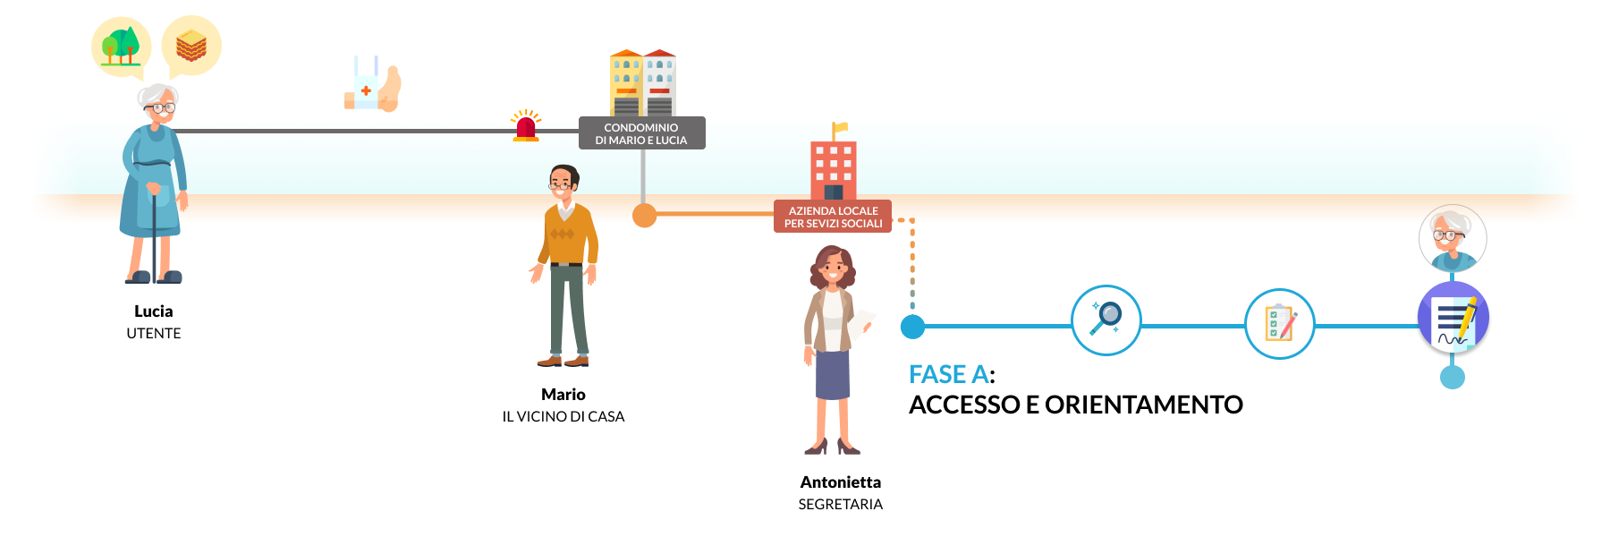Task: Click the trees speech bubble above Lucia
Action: (x=121, y=46)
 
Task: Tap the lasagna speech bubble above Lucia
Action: (x=191, y=45)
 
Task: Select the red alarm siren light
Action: (x=526, y=127)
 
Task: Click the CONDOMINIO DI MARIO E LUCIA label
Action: (x=641, y=133)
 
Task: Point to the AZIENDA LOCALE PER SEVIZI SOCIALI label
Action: (x=833, y=217)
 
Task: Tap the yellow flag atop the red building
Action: (x=840, y=128)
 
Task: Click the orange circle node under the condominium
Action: (x=644, y=215)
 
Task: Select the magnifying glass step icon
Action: (x=1106, y=320)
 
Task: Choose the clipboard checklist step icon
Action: (x=1280, y=323)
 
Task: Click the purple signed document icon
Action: (x=1453, y=319)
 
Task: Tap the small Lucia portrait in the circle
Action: (x=1453, y=238)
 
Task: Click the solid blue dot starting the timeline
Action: (x=912, y=327)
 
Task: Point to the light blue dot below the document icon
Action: (x=1452, y=377)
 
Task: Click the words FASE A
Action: (x=949, y=374)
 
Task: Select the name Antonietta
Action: (x=840, y=482)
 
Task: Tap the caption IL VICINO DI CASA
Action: (x=563, y=416)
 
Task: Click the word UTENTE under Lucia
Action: (x=154, y=333)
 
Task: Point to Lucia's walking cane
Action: (x=154, y=233)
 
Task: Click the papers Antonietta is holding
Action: (x=860, y=326)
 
